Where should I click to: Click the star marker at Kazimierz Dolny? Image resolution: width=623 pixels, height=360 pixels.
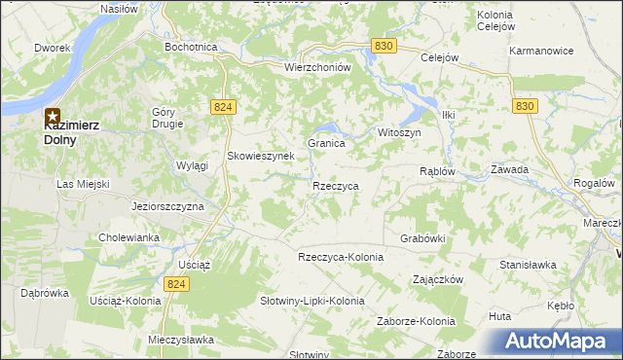click(x=53, y=119)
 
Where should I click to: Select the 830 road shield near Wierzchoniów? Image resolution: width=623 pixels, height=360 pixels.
click(x=383, y=46)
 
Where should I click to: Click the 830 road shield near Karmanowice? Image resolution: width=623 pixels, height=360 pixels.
click(x=526, y=106)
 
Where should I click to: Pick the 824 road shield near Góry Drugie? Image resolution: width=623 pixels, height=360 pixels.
click(x=221, y=107)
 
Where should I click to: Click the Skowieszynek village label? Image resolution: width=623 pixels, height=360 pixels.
click(x=260, y=156)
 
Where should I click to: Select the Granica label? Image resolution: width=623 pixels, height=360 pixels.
click(x=327, y=143)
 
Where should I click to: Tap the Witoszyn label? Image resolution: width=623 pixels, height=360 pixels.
click(x=398, y=132)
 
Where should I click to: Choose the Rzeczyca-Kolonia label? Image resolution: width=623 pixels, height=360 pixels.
click(x=341, y=257)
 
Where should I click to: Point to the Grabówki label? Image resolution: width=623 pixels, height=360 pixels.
click(x=422, y=237)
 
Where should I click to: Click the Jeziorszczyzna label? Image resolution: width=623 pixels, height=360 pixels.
click(x=167, y=207)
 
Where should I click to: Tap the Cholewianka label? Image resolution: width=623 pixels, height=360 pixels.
click(x=128, y=237)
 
